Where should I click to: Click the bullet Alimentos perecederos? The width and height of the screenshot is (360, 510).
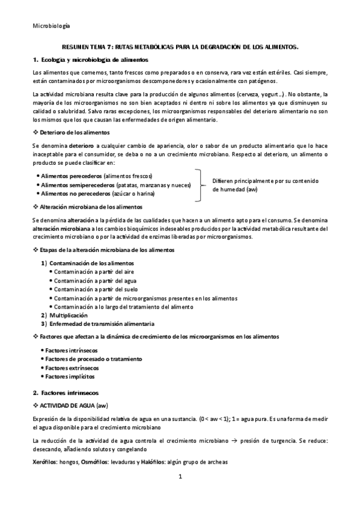pyautogui.click(x=68, y=176)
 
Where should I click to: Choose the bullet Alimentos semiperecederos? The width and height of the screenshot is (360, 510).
pyautogui.click(x=75, y=185)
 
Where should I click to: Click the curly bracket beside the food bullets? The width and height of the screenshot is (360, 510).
pyautogui.click(x=199, y=185)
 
